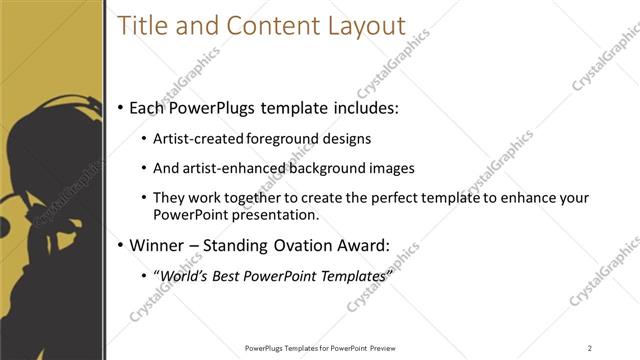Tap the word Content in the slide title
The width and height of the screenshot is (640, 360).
tap(266, 27)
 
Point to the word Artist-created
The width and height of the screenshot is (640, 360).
tap(196, 139)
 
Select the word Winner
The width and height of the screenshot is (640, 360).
tap(160, 245)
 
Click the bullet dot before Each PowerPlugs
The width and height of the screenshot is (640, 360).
tap(121, 106)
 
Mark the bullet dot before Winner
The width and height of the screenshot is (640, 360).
tap(121, 246)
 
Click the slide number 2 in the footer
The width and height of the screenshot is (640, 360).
tap(590, 348)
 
